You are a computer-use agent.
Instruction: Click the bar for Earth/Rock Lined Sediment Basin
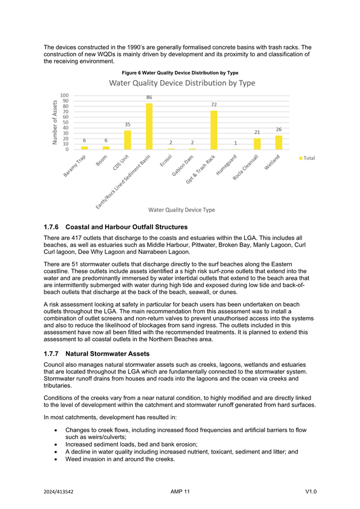click(x=149, y=126)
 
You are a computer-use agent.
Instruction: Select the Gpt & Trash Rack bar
click(x=214, y=130)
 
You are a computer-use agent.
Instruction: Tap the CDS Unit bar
click(x=127, y=140)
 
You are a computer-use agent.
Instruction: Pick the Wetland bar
click(x=278, y=142)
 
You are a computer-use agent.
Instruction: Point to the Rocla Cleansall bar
click(x=257, y=144)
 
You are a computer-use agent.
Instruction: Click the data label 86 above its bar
click(x=149, y=98)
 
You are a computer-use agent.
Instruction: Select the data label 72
click(x=214, y=105)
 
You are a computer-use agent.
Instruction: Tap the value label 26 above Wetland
click(x=278, y=130)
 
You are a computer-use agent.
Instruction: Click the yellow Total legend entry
click(x=308, y=158)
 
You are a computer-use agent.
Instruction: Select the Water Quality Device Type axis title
click(x=181, y=210)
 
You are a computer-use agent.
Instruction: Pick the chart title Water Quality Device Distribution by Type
click(x=182, y=83)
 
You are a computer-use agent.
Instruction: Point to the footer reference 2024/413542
click(x=59, y=491)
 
